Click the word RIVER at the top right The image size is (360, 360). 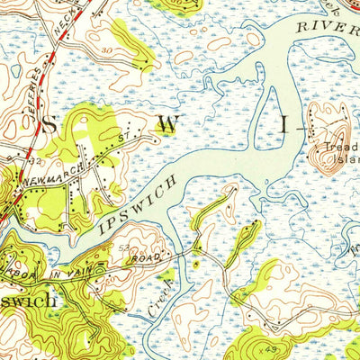(x=329, y=27)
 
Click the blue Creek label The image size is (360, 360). (x=157, y=302)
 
